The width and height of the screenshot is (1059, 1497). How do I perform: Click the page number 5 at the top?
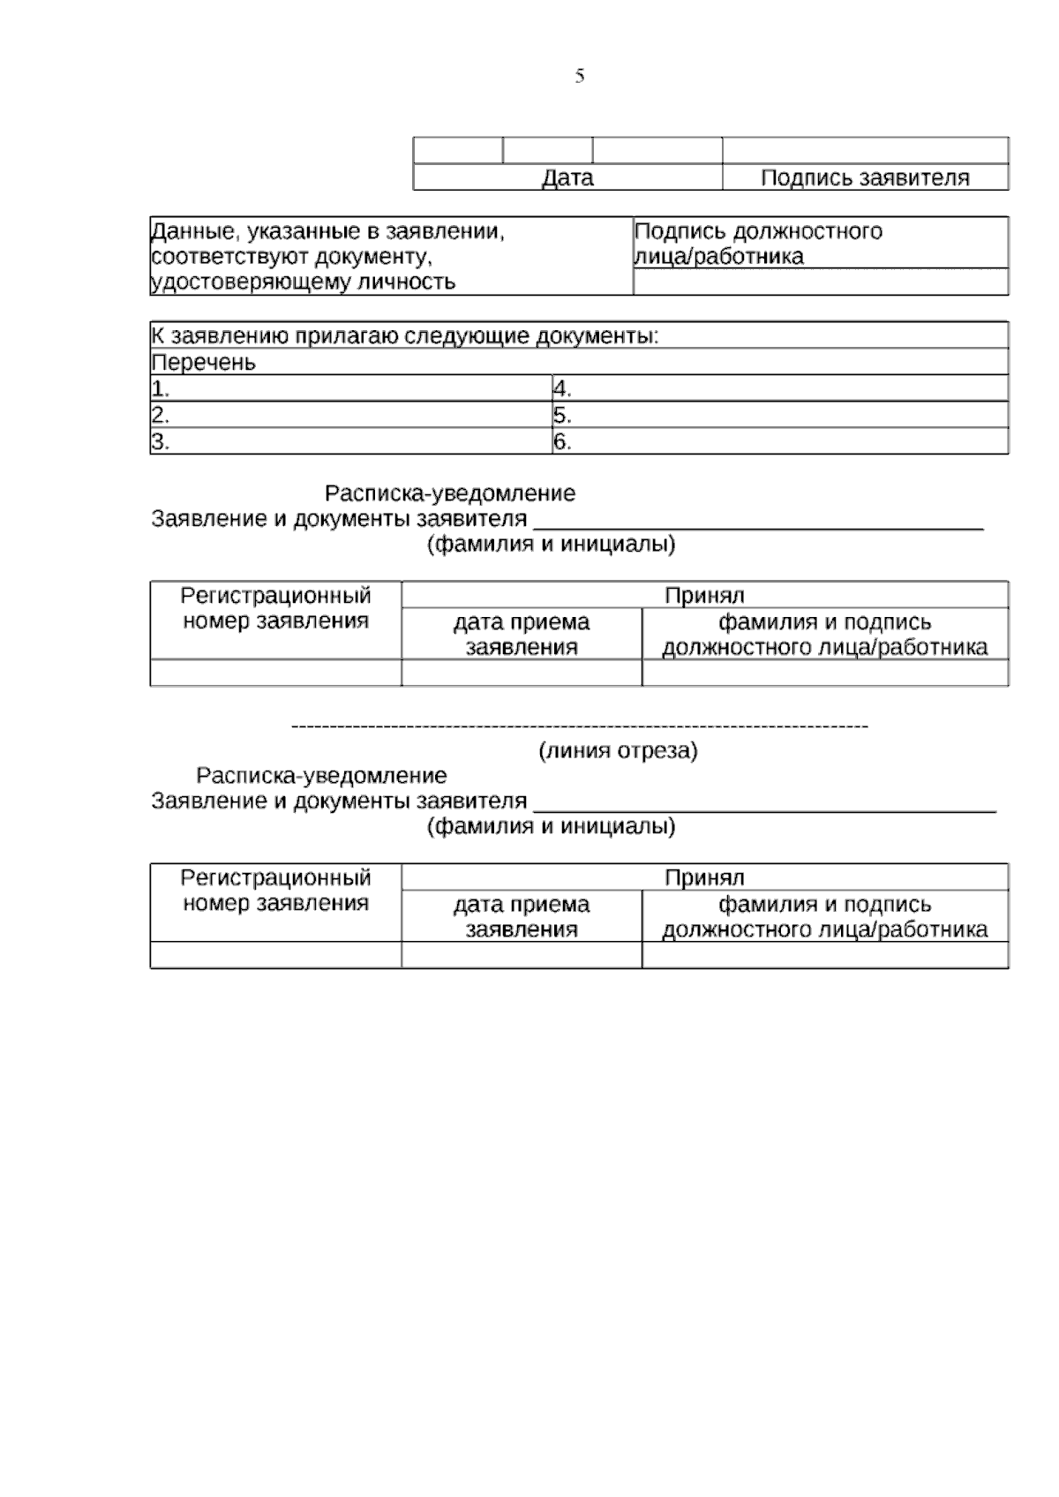click(x=579, y=77)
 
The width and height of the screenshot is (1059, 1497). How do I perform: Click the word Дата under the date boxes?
click(x=567, y=178)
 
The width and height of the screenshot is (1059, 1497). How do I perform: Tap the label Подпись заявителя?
click(x=865, y=178)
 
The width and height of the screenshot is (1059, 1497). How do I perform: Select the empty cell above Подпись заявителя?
click(x=865, y=151)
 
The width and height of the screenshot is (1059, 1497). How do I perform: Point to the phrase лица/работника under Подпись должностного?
click(x=719, y=257)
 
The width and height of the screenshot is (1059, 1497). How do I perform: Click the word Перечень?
click(x=204, y=363)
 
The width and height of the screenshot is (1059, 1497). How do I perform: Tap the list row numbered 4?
click(x=779, y=388)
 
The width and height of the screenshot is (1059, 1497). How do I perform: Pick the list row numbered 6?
click(x=779, y=441)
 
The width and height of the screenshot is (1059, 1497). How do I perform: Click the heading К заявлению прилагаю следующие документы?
click(x=406, y=336)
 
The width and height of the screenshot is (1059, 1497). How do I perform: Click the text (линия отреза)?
click(x=618, y=751)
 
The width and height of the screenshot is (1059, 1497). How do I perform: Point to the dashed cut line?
click(x=580, y=726)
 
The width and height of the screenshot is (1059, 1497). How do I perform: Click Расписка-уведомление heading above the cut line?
click(x=450, y=493)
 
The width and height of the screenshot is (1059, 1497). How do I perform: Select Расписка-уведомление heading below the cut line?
click(x=321, y=776)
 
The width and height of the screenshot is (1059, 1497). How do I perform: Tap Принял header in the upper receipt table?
click(x=704, y=596)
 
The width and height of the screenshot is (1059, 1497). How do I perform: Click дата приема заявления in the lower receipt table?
click(x=522, y=916)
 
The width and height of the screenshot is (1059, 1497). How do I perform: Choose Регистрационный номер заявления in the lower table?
click(x=275, y=891)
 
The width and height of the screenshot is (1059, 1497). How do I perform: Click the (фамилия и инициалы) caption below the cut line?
click(x=552, y=827)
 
